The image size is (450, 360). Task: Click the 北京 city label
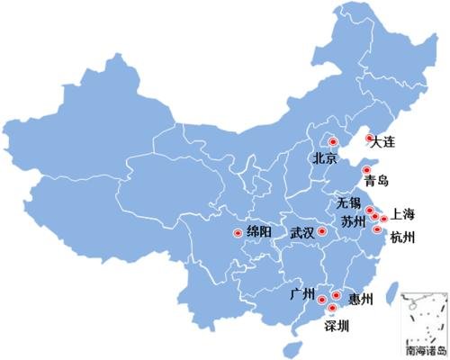(325, 159)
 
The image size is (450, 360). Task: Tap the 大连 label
(382, 142)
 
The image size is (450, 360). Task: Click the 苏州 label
(353, 220)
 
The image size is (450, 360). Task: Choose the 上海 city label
(404, 215)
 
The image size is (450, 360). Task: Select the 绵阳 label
(258, 233)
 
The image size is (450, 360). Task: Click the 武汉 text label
(302, 232)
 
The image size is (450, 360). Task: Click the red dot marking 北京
(330, 140)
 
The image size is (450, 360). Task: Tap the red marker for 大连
(369, 138)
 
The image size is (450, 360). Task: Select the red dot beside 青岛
(365, 169)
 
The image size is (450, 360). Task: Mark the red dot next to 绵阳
(238, 233)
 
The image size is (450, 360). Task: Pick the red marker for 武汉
(323, 231)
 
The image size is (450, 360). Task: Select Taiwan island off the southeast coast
(391, 298)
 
